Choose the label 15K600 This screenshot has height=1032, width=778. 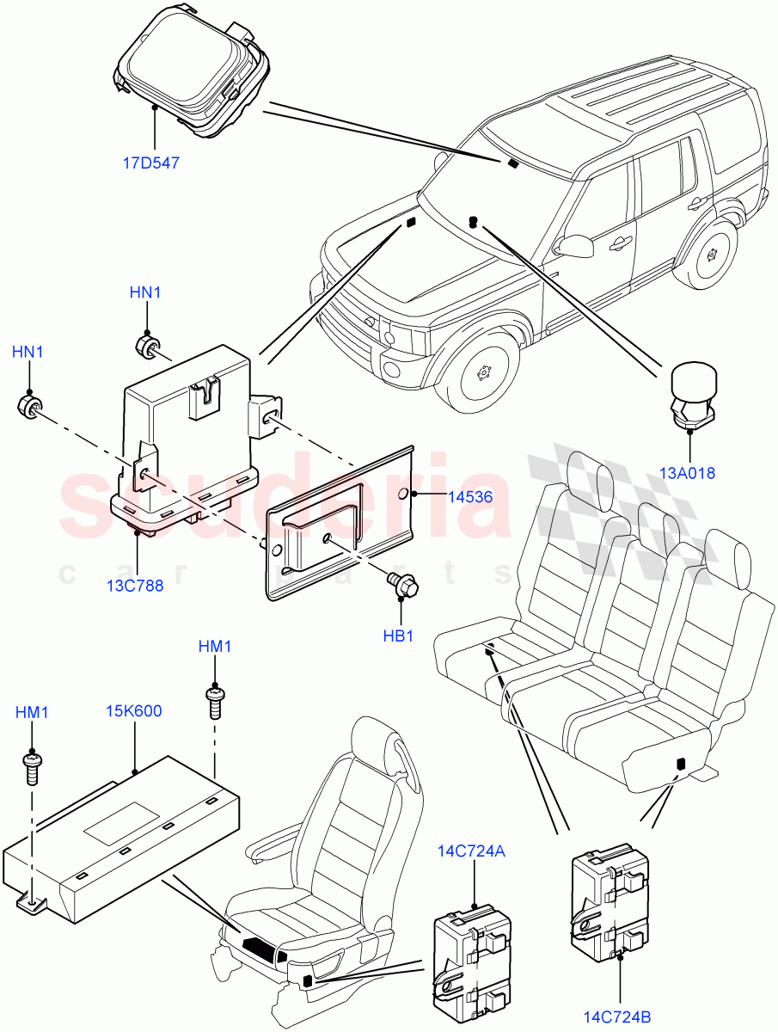pyautogui.click(x=134, y=711)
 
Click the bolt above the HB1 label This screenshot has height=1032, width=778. pyautogui.click(x=401, y=586)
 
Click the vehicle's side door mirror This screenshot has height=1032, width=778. pyautogui.click(x=575, y=244)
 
